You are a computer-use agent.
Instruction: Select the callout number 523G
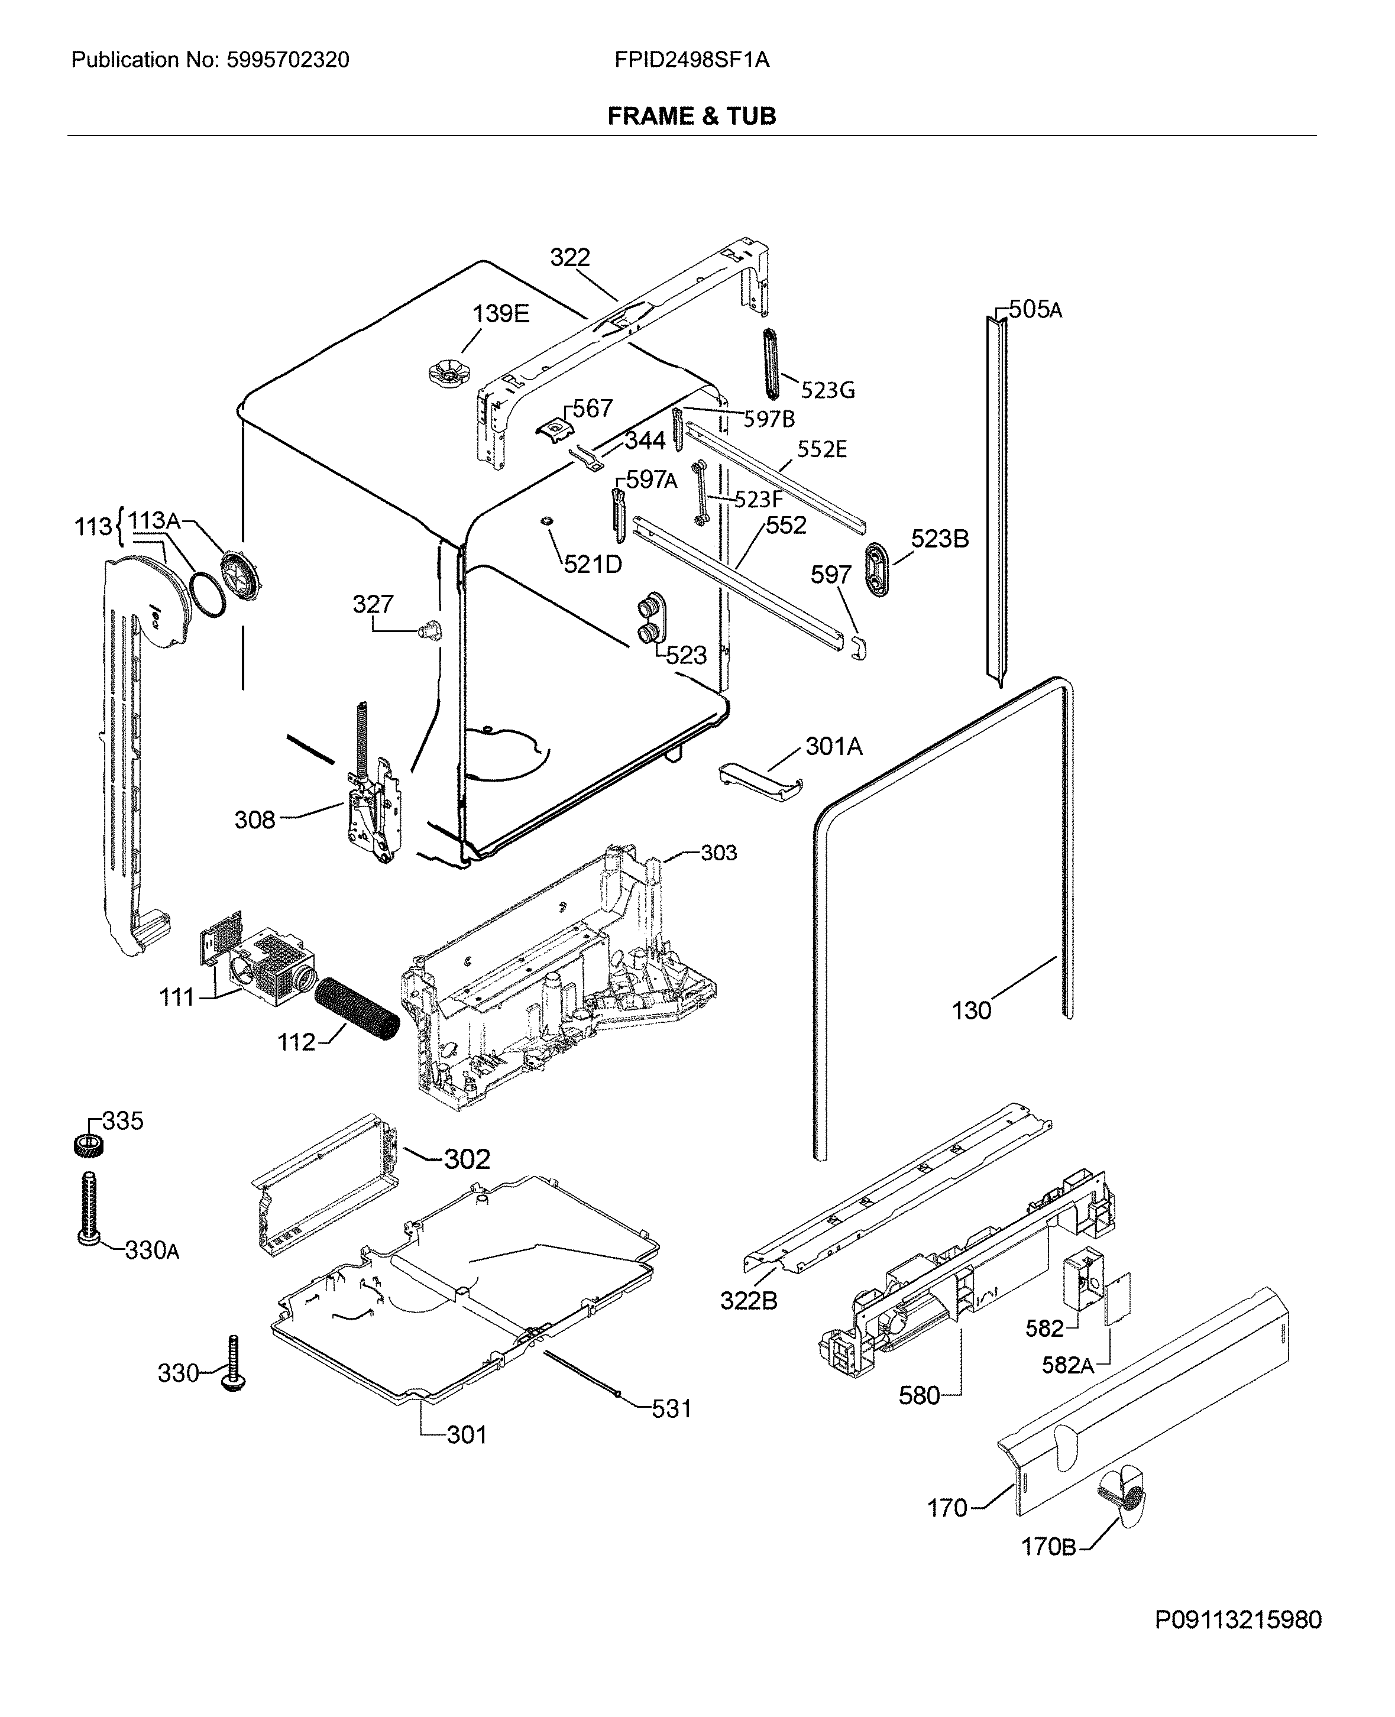click(828, 390)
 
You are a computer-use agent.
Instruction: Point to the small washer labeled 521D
click(546, 522)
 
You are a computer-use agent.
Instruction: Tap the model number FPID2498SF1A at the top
click(691, 60)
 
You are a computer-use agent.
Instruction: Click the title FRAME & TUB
click(691, 116)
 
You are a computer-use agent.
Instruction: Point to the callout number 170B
click(1047, 1547)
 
